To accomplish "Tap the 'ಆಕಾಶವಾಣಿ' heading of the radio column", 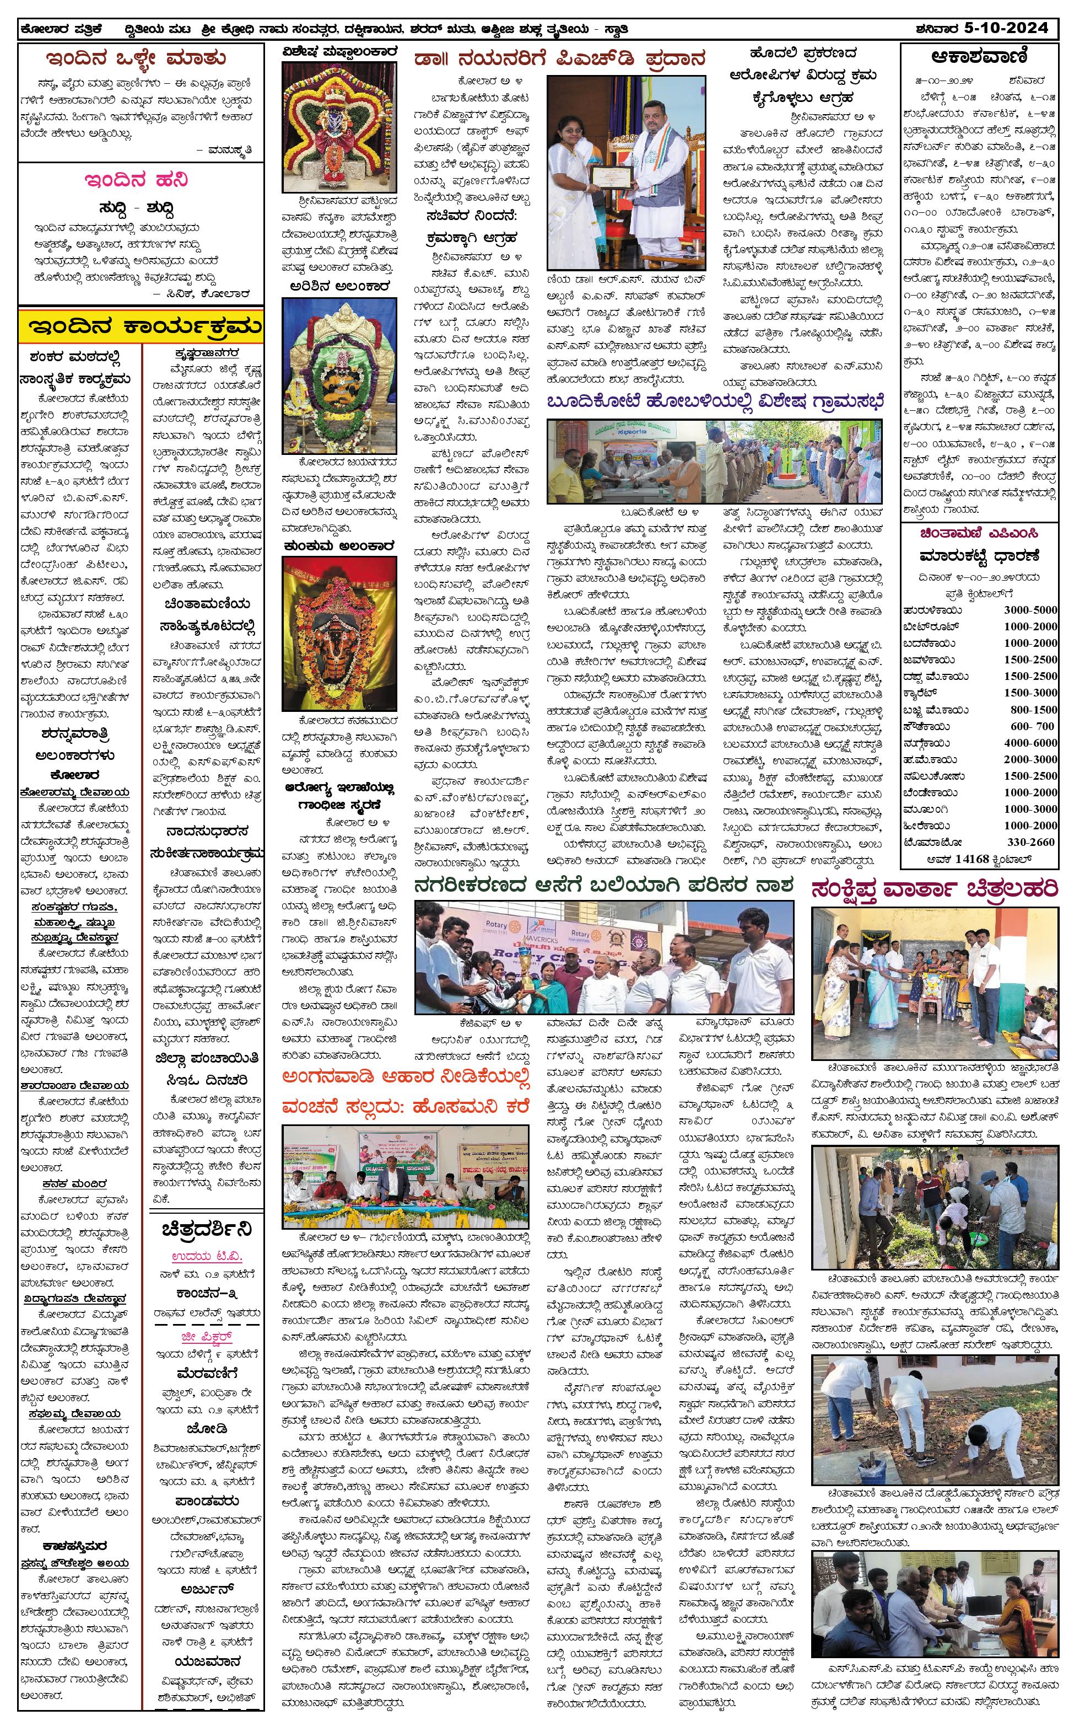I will pos(979,57).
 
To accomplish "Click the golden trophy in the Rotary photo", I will pos(531,979).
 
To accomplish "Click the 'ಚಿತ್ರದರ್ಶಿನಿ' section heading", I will pos(207,1229).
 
